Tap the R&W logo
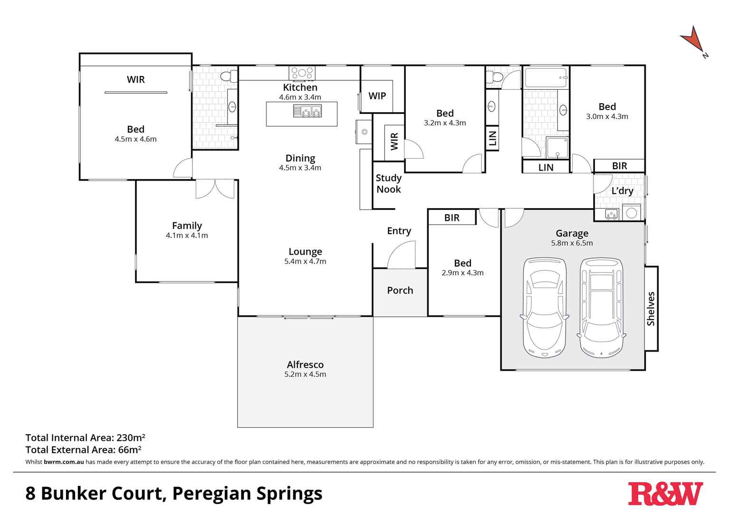click(665, 494)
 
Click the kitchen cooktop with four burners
click(302, 73)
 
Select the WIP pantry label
click(377, 96)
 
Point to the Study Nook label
click(388, 183)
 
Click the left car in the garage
click(544, 307)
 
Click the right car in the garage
click(601, 307)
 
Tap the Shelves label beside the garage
click(651, 309)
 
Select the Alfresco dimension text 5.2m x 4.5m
click(305, 374)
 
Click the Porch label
click(400, 290)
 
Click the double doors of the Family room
click(215, 189)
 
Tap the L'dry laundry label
click(622, 191)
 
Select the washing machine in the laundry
click(631, 213)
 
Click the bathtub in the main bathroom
click(546, 78)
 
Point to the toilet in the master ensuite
click(228, 76)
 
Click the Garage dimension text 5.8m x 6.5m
click(572, 243)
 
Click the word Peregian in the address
click(211, 494)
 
